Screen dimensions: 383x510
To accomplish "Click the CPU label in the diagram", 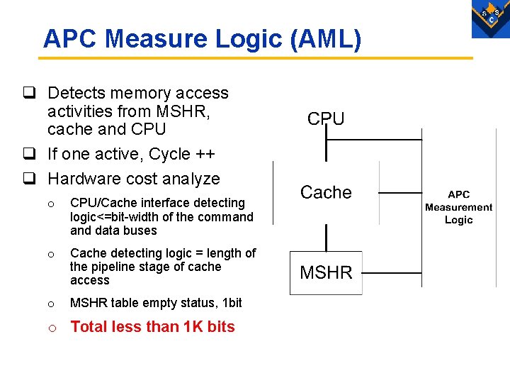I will point(326,118).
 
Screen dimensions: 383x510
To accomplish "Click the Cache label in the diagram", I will point(326,192).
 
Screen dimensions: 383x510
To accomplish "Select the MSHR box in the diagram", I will point(326,273).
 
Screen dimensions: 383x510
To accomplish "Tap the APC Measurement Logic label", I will point(458,207).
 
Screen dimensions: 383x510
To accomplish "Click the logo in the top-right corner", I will point(490,18).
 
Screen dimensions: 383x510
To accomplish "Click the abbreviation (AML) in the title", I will point(325,39).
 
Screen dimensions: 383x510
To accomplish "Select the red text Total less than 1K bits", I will point(152,327).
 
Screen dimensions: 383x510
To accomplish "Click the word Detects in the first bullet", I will point(76,93).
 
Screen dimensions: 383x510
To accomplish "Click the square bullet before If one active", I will point(29,155).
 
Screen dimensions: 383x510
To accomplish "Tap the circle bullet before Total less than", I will point(50,327).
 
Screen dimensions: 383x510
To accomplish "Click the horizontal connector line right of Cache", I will point(399,192).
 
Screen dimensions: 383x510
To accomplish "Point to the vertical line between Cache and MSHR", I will point(326,237).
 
